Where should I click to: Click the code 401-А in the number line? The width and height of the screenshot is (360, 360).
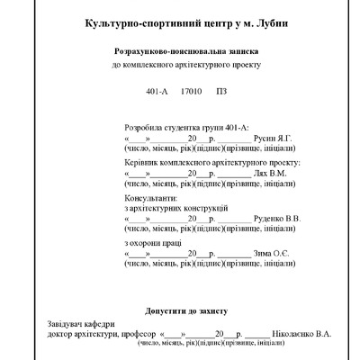click(x=157, y=92)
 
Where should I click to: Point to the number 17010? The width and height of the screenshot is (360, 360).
click(x=191, y=92)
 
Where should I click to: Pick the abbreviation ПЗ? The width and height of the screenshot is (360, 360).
click(x=220, y=92)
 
